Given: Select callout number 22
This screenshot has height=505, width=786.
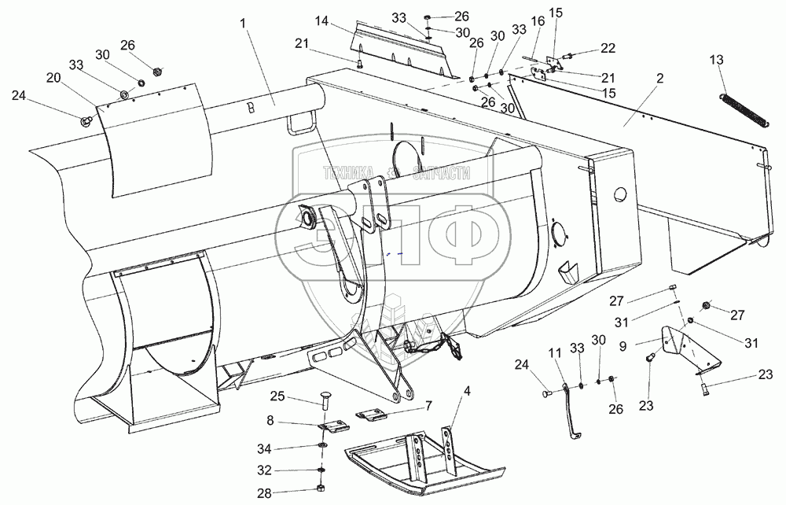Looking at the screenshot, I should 608,49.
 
